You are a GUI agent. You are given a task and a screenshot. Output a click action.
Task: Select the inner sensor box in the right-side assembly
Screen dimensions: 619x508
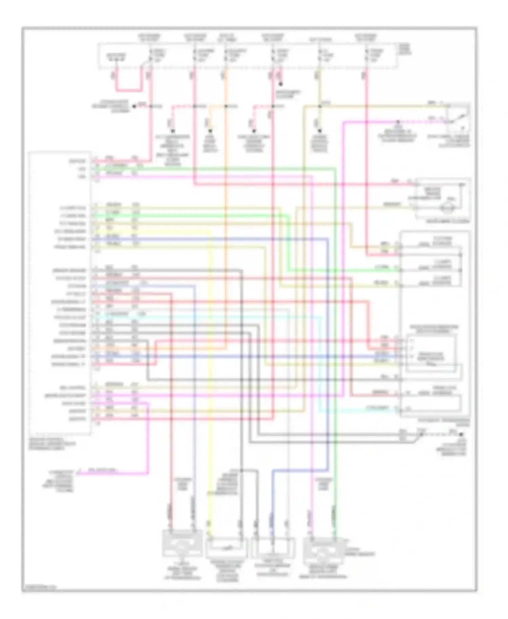click(x=431, y=354)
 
